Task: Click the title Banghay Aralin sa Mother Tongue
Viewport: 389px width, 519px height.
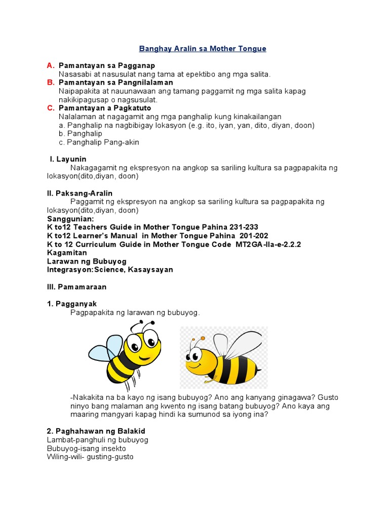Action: pyautogui.click(x=202, y=49)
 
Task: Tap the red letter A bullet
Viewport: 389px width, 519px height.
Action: pyautogui.click(x=50, y=66)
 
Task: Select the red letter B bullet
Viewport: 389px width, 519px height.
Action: pyautogui.click(x=50, y=82)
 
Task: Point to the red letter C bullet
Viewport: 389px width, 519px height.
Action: pyautogui.click(x=50, y=108)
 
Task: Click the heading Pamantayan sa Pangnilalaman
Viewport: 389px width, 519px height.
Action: pyautogui.click(x=116, y=82)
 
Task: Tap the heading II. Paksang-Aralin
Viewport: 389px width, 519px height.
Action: pyautogui.click(x=80, y=193)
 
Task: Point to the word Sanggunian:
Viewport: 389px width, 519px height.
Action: pyautogui.click(x=70, y=219)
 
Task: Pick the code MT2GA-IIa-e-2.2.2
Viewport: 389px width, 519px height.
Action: pyautogui.click(x=267, y=244)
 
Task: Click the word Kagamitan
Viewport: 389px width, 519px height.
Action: pyautogui.click(x=67, y=253)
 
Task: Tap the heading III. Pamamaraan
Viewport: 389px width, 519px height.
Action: pyautogui.click(x=77, y=287)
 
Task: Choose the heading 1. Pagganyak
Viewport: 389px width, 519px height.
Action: pyautogui.click(x=71, y=304)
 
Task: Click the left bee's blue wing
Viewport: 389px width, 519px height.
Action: pyautogui.click(x=105, y=349)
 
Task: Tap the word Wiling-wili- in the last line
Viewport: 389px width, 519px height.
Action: pyautogui.click(x=67, y=457)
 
